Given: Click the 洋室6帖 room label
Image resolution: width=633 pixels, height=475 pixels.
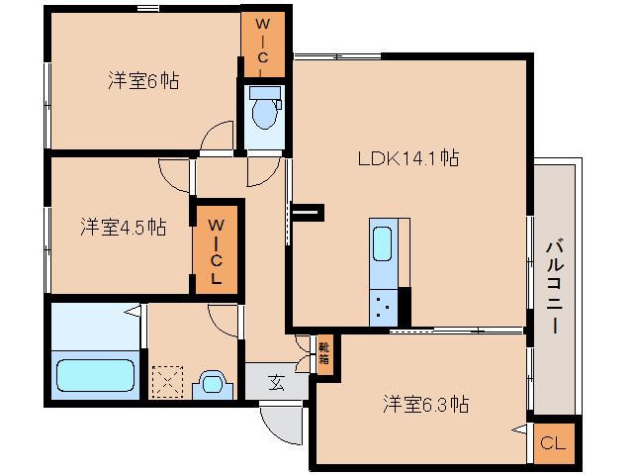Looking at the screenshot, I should pos(143,81).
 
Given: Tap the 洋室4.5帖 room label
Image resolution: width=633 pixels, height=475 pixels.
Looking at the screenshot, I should pos(123,227).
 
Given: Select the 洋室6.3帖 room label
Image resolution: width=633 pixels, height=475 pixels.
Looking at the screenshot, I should pos(426,404).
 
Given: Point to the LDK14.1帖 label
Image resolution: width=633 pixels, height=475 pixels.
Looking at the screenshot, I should pos(407,157).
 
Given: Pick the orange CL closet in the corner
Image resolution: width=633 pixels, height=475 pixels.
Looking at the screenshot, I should pos(554,443).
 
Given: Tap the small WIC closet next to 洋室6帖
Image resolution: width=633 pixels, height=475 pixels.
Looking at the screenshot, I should pos(262,45).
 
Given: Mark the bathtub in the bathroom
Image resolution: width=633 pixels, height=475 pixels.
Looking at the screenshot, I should pos(95,377).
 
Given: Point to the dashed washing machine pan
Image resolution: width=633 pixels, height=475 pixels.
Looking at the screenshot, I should pos(167,382).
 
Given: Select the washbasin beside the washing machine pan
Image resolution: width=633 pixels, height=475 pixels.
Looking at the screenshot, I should pos(211,383).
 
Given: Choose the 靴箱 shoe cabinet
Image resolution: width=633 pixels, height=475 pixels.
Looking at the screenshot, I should pos(324,353).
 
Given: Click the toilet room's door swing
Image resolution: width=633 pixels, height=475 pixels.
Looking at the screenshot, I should pos(261,170).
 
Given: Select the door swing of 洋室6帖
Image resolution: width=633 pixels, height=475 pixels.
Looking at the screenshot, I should pos(214,141).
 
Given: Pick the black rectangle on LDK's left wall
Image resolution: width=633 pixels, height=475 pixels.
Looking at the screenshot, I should pos(309,210).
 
